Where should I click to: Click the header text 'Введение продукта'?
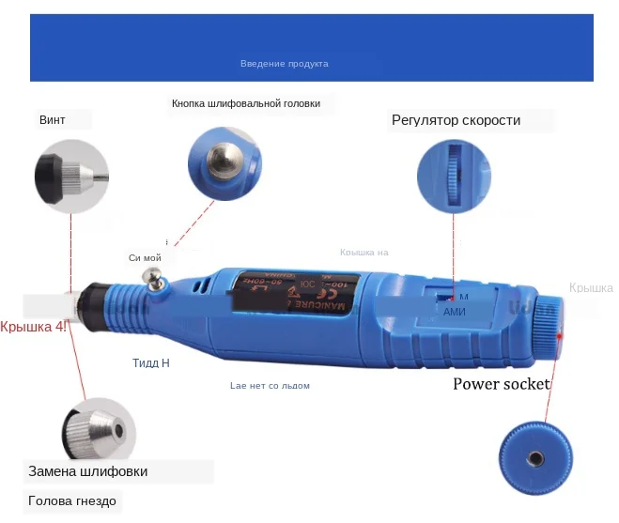tap(284, 64)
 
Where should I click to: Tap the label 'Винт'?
tap(53, 120)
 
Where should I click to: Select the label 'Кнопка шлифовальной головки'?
tap(246, 103)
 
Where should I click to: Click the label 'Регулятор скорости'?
tap(456, 120)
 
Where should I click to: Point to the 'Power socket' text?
tap(501, 383)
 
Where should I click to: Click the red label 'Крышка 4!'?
tap(34, 327)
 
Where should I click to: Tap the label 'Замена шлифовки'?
tap(87, 471)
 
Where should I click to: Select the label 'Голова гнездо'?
tap(72, 501)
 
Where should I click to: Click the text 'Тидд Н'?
tap(151, 362)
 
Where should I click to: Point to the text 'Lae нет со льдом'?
tap(270, 386)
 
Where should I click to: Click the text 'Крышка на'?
tap(364, 252)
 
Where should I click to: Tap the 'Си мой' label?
tap(146, 257)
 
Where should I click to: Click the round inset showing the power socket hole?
tap(534, 456)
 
